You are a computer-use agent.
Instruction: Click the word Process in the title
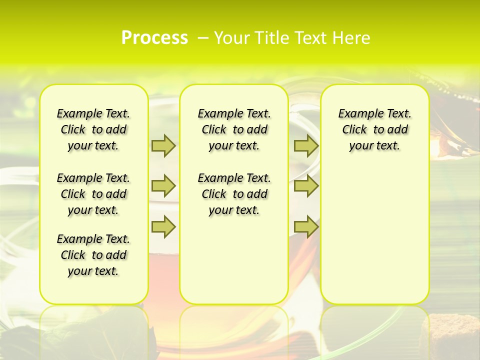pyautogui.click(x=154, y=38)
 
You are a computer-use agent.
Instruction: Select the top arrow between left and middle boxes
pyautogui.click(x=163, y=145)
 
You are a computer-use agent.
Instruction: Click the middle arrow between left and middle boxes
pyautogui.click(x=163, y=186)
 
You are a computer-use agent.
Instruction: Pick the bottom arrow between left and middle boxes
pyautogui.click(x=163, y=226)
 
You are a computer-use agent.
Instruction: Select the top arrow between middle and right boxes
pyautogui.click(x=306, y=145)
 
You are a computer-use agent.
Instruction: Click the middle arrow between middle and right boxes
pyautogui.click(x=306, y=186)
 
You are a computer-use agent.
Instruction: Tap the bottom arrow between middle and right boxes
pyautogui.click(x=306, y=226)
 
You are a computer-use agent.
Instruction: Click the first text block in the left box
pyautogui.click(x=93, y=129)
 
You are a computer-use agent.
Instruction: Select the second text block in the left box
pyautogui.click(x=93, y=194)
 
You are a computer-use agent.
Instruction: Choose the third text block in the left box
pyautogui.click(x=93, y=255)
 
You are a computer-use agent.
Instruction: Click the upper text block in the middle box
pyautogui.click(x=234, y=129)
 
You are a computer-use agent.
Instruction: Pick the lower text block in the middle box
pyautogui.click(x=234, y=194)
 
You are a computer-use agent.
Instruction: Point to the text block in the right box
pyautogui.click(x=375, y=129)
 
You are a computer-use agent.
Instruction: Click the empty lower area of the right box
pyautogui.click(x=375, y=240)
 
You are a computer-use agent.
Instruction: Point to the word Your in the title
pyautogui.click(x=232, y=38)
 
